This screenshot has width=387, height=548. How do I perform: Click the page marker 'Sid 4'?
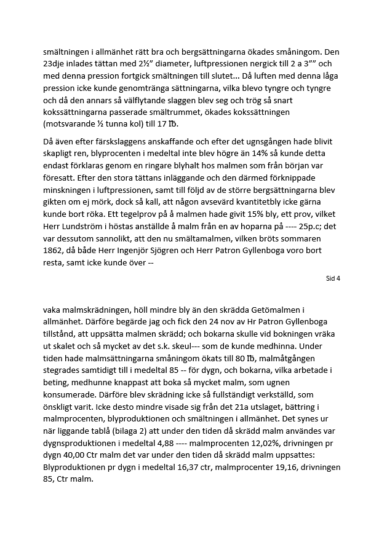(x=333, y=278)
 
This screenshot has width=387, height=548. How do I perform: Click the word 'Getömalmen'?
(x=262, y=310)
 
